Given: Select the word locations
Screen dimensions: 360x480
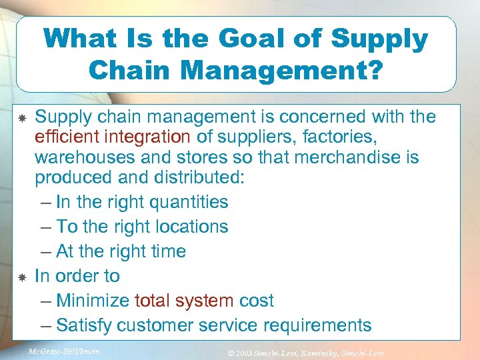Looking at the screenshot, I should (188, 227).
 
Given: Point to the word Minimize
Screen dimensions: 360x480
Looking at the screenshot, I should (93, 301).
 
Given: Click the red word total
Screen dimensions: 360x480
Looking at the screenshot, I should (153, 301).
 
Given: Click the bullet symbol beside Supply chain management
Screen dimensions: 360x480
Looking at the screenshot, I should (21, 118).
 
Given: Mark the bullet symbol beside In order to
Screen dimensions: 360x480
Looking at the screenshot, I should (21, 276).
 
